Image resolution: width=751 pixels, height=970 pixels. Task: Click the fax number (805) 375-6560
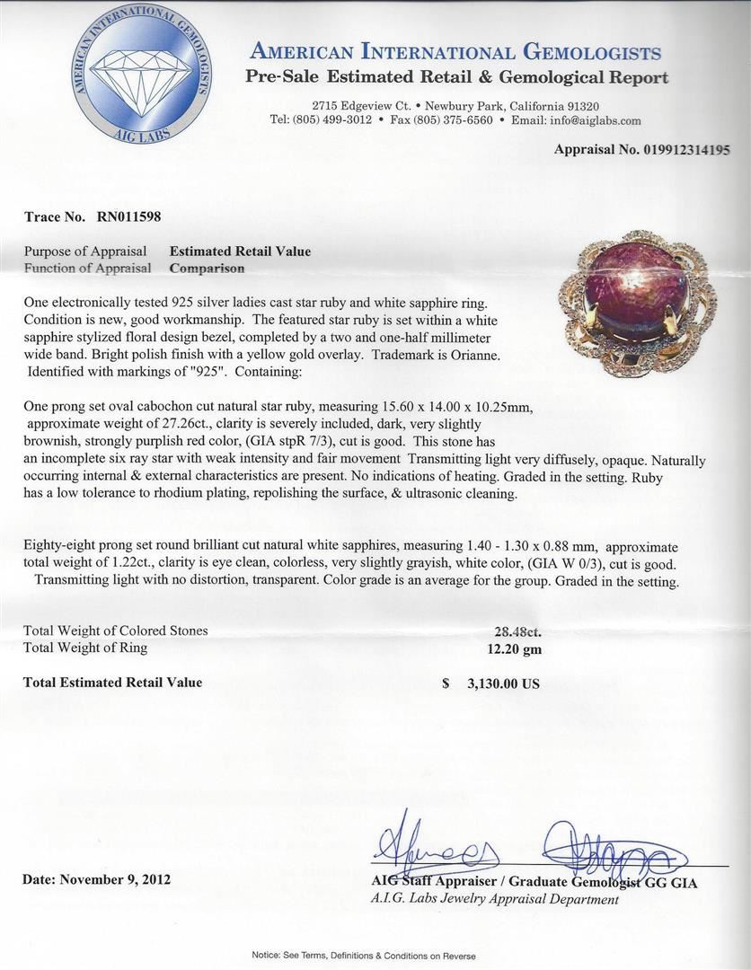(x=453, y=120)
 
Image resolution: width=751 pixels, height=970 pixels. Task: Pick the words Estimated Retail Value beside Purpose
(x=240, y=251)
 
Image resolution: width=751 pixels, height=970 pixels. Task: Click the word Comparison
(x=207, y=268)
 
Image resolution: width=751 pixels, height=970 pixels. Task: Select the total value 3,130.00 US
(x=503, y=683)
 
